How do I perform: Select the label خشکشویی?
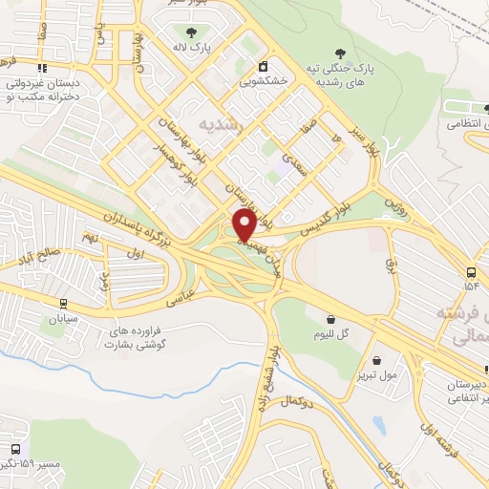tap(263, 82)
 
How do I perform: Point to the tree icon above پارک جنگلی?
tap(337, 53)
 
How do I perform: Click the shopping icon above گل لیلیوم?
tap(330, 319)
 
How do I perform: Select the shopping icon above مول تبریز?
tap(378, 360)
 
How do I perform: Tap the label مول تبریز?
tap(376, 376)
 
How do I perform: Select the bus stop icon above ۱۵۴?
tap(472, 269)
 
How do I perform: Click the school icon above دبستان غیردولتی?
tap(41, 69)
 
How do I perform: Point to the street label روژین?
tap(395, 202)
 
